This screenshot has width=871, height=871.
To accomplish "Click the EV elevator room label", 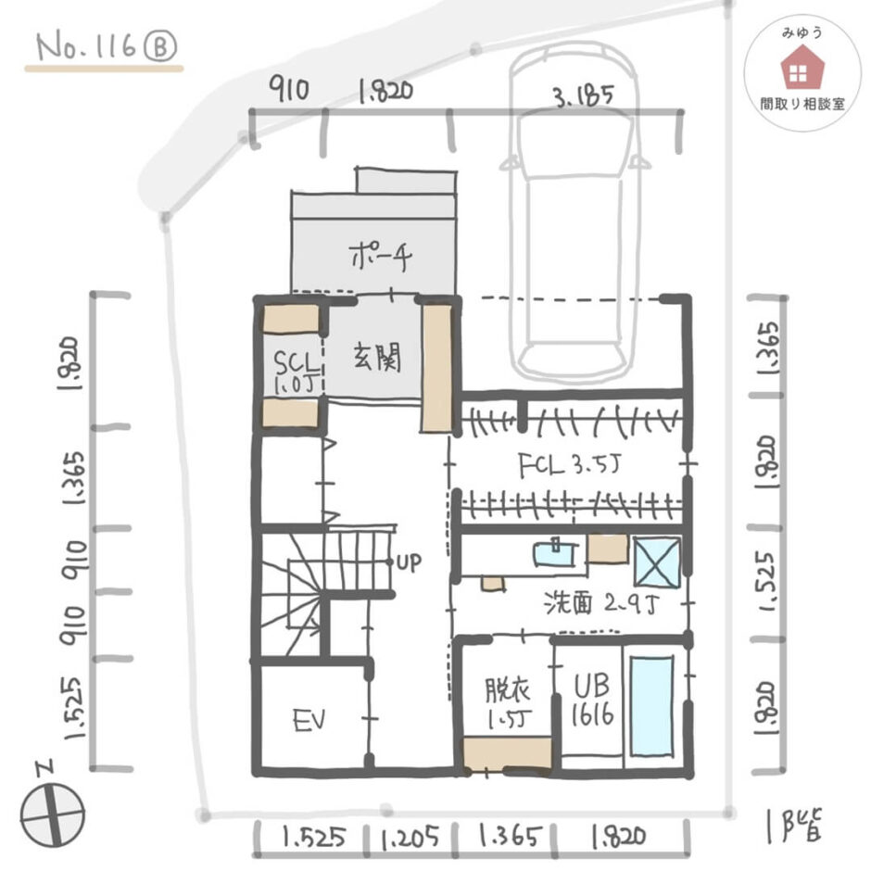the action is coord(309,721).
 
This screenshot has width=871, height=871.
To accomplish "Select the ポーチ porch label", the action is coord(381,256).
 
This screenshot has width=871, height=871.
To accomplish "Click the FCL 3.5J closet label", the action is coord(569,465).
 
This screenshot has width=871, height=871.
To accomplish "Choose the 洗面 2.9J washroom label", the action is coord(601,602).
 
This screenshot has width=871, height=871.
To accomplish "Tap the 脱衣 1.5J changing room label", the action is coord(509,702).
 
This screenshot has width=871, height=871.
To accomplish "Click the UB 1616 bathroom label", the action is coord(592,701).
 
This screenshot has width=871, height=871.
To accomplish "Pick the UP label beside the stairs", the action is coord(409,562).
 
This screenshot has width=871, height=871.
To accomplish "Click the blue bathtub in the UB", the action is coord(651,706).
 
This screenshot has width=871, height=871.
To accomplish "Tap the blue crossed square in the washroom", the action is coord(657,562).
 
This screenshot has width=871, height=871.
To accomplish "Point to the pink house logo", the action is coord(802,69).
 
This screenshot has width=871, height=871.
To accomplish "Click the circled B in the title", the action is coord(160,46).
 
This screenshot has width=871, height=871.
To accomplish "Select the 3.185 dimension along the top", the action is coord(584,95).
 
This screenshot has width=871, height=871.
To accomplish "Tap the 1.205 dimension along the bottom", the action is coord(410,839).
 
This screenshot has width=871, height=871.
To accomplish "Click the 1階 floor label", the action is coord(794,826).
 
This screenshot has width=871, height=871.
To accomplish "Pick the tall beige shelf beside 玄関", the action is coord(436,368).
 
